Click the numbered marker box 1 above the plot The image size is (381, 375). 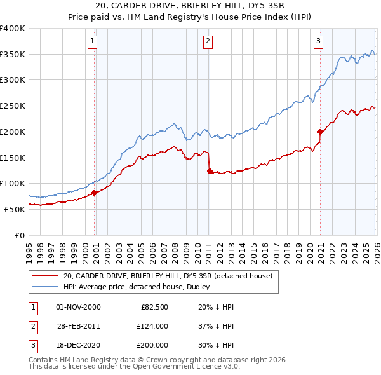point(92,42)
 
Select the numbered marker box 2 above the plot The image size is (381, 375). point(208,42)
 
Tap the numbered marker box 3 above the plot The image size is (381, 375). point(318,42)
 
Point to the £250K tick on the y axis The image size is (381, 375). point(13,106)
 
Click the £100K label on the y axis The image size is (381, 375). point(13,183)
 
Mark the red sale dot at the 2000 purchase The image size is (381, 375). point(94,193)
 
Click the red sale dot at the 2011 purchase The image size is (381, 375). point(210,171)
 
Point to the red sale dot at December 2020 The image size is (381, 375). point(320,132)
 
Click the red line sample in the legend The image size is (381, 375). point(44,276)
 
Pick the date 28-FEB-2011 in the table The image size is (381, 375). point(78,326)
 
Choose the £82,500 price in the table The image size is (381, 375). point(153,307)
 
